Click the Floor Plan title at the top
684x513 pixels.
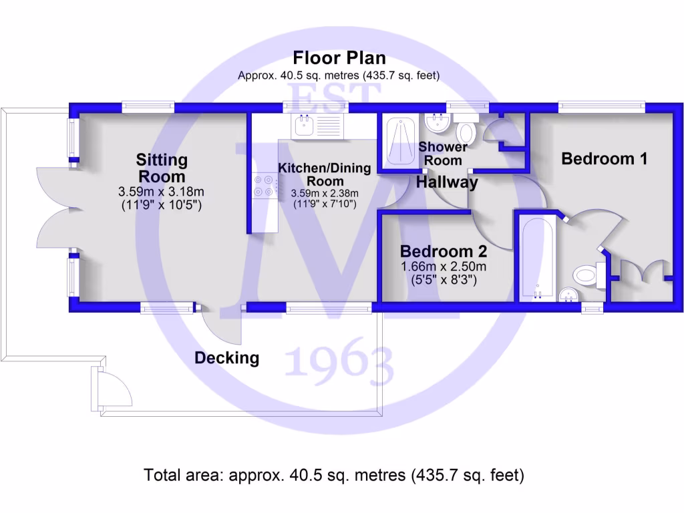pyautogui.click(x=339, y=58)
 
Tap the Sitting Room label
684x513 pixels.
pyautogui.click(x=162, y=168)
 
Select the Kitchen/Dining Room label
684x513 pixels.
pyautogui.click(x=325, y=174)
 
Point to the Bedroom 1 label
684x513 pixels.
pyautogui.click(x=605, y=159)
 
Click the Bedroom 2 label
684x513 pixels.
pyautogui.click(x=443, y=252)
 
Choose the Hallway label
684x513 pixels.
pyautogui.click(x=448, y=182)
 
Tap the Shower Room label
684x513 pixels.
pyautogui.click(x=443, y=154)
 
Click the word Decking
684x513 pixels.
pyautogui.click(x=226, y=358)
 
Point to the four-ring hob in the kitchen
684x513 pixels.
pyautogui.click(x=265, y=185)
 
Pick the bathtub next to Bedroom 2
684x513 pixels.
pyautogui.click(x=536, y=257)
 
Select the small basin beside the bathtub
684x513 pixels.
pyautogui.click(x=568, y=293)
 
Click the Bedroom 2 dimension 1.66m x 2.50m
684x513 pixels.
pyautogui.click(x=443, y=267)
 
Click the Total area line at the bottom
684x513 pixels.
pyautogui.click(x=334, y=475)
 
